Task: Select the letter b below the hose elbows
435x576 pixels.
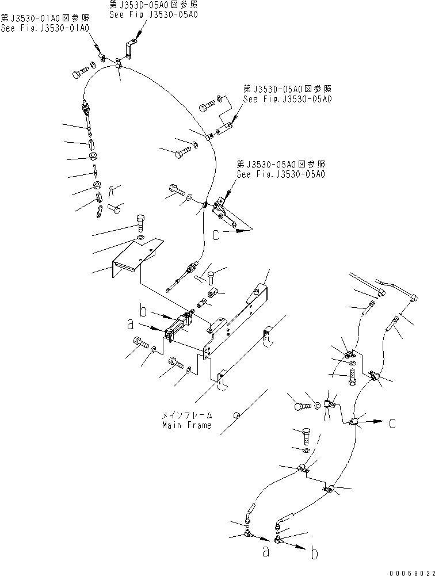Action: (x=314, y=554)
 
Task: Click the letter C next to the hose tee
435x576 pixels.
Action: (x=392, y=424)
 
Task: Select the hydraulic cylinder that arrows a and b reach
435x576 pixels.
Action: (x=180, y=326)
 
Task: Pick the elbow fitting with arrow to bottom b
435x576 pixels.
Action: (x=279, y=539)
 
